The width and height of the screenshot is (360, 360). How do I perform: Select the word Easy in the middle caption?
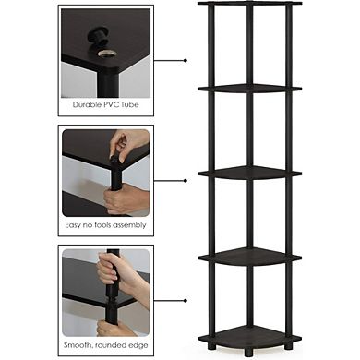click(73, 224)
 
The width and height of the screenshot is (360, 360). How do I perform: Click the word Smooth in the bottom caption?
click(77, 343)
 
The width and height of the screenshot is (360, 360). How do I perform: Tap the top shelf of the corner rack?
click(249, 4)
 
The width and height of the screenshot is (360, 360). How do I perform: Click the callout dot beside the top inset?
click(186, 60)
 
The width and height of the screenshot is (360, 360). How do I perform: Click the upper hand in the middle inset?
click(126, 144)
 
